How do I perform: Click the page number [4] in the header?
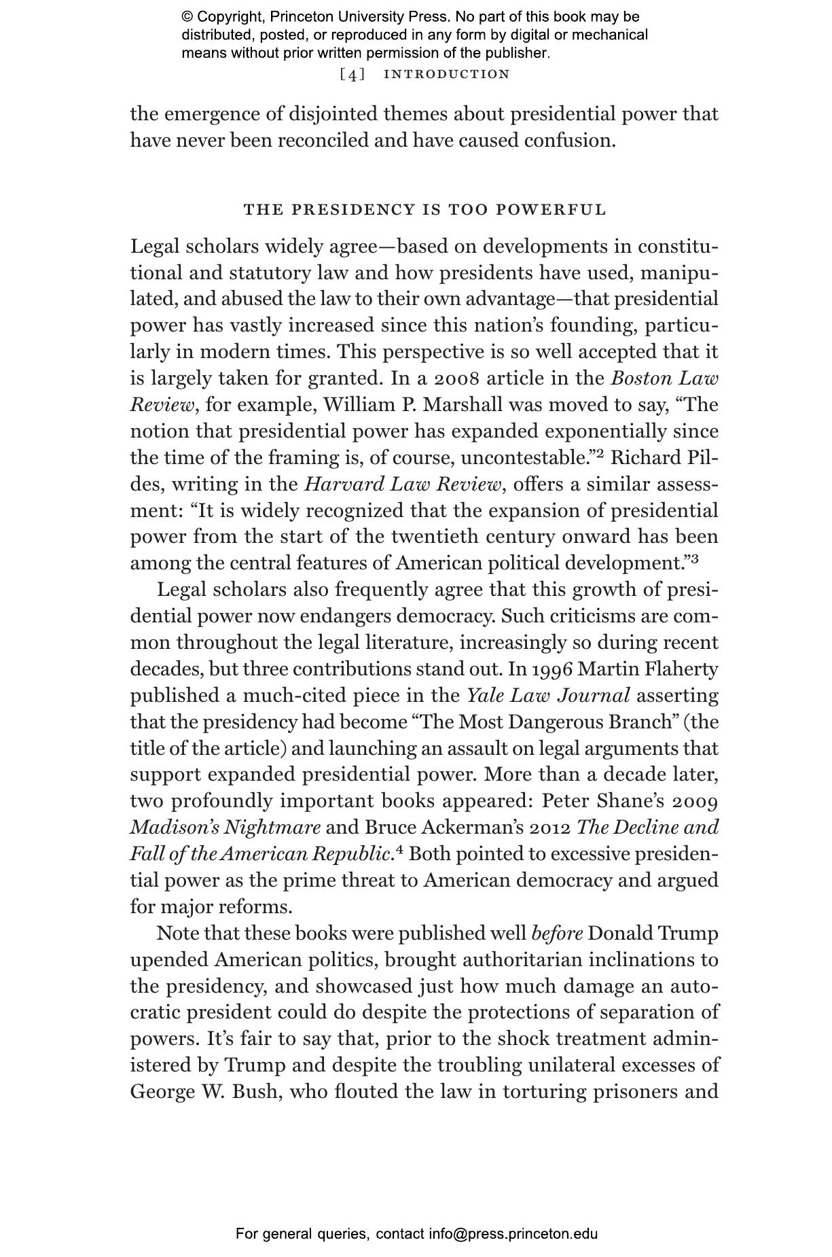[x=352, y=74]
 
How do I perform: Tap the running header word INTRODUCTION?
[x=446, y=74]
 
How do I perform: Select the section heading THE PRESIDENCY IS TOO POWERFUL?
[x=424, y=209]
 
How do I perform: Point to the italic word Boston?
[x=642, y=378]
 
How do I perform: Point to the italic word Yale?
[x=484, y=696]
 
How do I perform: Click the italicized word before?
[x=557, y=934]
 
